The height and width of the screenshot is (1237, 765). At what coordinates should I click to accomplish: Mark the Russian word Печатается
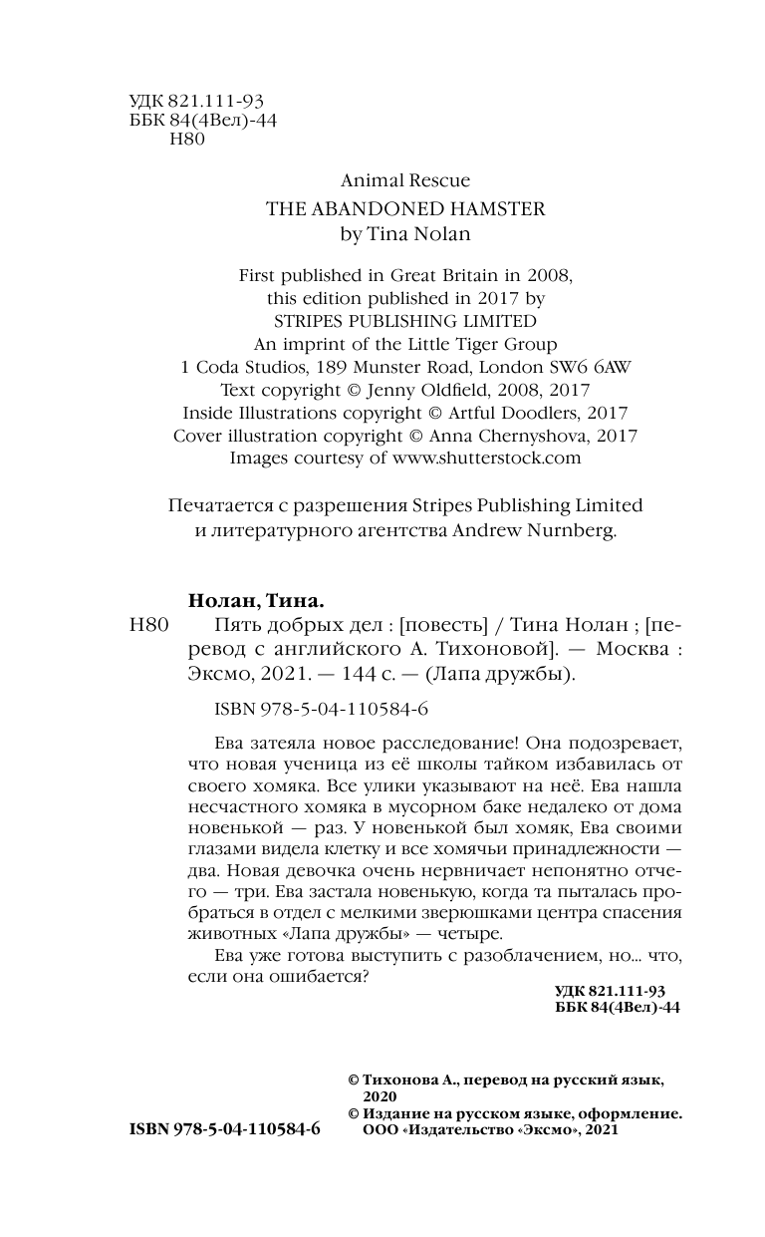pos(219,505)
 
